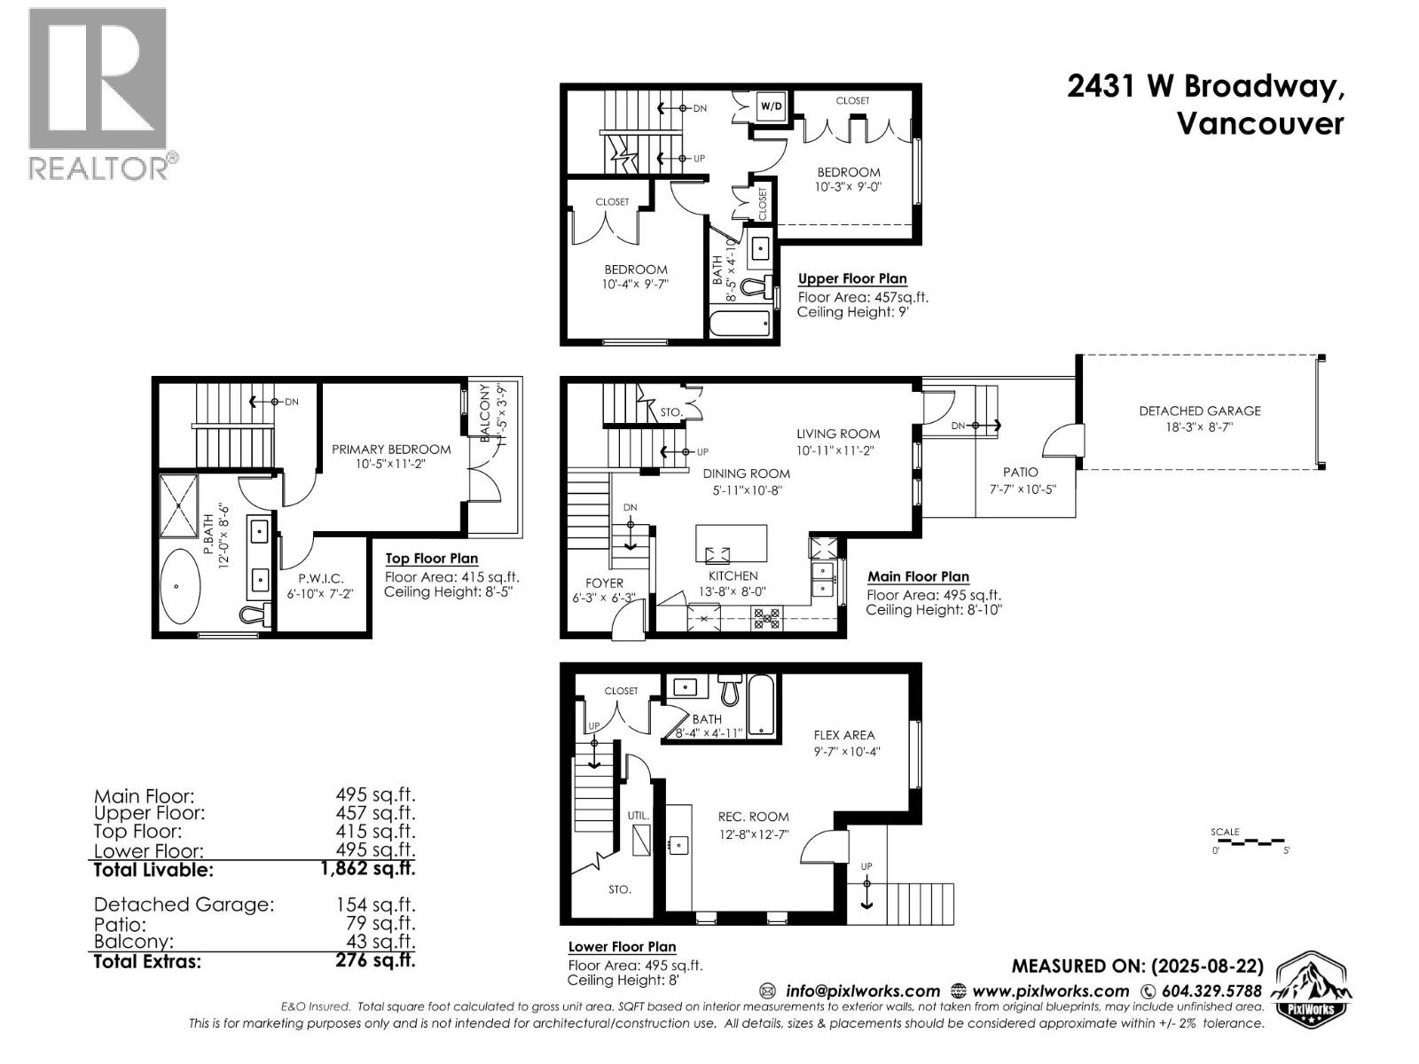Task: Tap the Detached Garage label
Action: [x=1199, y=411]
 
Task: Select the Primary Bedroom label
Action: [x=391, y=450]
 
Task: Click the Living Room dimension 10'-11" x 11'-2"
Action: [x=837, y=450]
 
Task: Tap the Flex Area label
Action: [x=844, y=735]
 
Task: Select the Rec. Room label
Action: [x=753, y=817]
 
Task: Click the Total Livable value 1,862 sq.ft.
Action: [x=367, y=869]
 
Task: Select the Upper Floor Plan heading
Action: [x=852, y=278]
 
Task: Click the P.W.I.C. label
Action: [x=321, y=578]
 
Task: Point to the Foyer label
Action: [x=604, y=583]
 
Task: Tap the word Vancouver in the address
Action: [x=1259, y=123]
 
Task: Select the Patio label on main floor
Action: [x=1020, y=473]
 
